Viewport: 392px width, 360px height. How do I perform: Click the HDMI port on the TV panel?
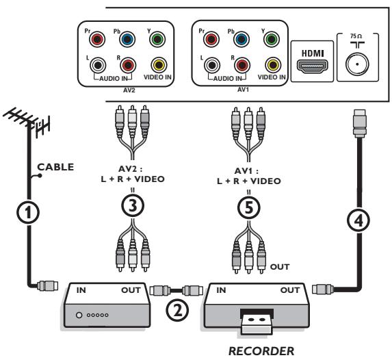click(312, 66)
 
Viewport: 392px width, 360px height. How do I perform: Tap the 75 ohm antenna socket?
click(357, 64)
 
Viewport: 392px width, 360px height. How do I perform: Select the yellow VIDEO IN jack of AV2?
click(159, 65)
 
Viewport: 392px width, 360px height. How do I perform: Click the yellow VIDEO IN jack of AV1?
click(273, 65)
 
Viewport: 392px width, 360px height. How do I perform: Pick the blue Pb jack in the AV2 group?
click(127, 39)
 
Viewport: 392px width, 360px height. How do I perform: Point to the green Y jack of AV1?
click(271, 39)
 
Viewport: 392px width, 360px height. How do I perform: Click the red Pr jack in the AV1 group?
click(211, 39)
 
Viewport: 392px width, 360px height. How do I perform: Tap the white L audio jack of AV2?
click(98, 65)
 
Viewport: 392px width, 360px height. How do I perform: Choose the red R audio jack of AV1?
click(242, 65)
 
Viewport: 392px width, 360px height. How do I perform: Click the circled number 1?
click(28, 213)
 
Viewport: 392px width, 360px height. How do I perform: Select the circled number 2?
click(177, 310)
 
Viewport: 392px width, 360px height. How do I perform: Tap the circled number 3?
click(133, 205)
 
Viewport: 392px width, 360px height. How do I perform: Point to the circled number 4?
click(358, 220)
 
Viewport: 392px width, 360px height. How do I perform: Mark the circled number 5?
click(249, 208)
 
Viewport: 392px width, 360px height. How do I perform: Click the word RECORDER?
click(261, 351)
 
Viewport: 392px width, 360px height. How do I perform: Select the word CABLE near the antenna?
click(55, 167)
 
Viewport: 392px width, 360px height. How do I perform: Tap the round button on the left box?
click(79, 315)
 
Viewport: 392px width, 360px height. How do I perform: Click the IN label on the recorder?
click(221, 290)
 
